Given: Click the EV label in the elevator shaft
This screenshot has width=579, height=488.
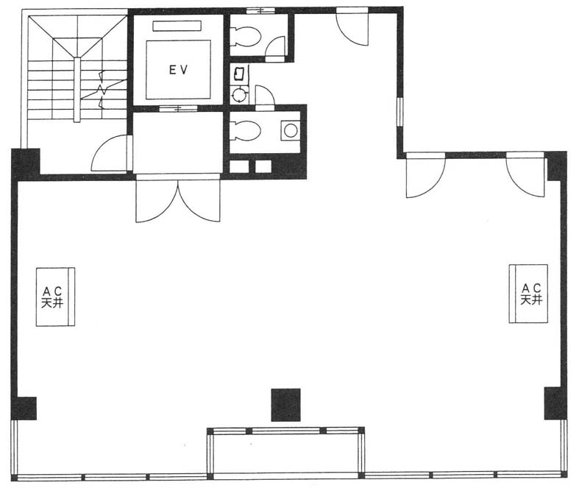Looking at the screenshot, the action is point(179,69).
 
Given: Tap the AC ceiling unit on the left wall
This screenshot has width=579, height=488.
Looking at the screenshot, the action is point(55,297).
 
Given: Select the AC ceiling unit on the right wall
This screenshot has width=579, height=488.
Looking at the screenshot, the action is point(528,294).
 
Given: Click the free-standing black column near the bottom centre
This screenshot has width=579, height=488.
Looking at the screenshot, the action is point(285,405).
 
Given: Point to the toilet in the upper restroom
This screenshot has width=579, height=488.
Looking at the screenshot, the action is point(246,36).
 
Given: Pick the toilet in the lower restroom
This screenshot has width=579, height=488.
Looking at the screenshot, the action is point(245,131).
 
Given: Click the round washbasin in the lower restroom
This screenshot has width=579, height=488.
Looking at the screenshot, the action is point(291,130).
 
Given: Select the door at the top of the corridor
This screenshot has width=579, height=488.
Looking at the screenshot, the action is point(352,27).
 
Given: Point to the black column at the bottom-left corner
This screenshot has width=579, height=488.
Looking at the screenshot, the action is point(24,409).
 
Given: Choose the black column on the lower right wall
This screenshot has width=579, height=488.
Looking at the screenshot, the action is point(555,403).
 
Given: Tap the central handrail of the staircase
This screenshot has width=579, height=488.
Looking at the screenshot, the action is point(77,90).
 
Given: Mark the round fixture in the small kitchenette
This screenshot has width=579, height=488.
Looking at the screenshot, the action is point(239,94).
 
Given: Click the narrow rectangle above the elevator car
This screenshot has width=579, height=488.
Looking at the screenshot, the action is point(177,26).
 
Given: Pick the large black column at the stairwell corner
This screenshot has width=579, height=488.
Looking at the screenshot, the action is point(26,163).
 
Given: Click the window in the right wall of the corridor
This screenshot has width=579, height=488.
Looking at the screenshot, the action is point(400,112).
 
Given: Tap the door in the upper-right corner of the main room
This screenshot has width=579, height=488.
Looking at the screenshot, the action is point(525,174).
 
